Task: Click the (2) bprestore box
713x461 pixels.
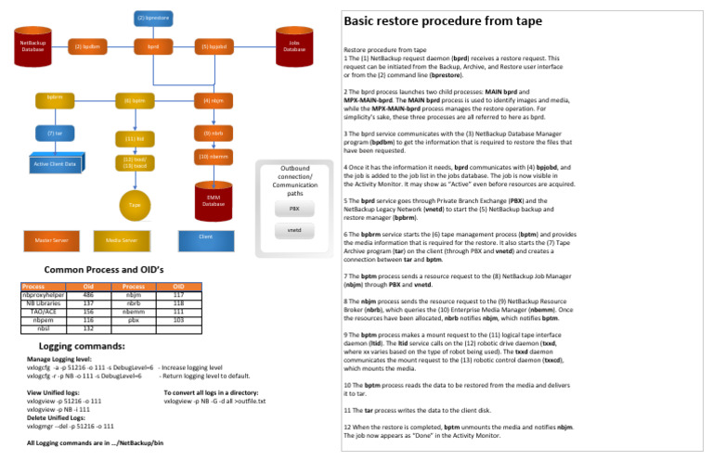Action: pyautogui.click(x=152, y=17)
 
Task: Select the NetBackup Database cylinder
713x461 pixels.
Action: pyautogui.click(x=33, y=45)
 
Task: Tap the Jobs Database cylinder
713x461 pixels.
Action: pyautogui.click(x=294, y=45)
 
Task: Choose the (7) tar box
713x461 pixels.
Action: pyautogui.click(x=54, y=134)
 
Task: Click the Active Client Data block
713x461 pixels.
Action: pyautogui.click(x=55, y=163)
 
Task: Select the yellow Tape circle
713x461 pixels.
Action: pyautogui.click(x=134, y=204)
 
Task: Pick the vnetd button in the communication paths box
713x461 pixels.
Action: pyautogui.click(x=294, y=230)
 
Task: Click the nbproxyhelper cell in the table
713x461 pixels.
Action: pyautogui.click(x=43, y=294)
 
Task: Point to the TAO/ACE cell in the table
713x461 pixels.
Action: pyautogui.click(x=43, y=311)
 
